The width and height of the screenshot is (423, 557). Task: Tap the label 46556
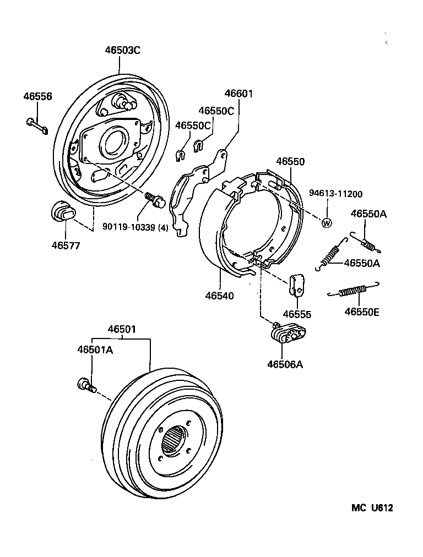point(37,96)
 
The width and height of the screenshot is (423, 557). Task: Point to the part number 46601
point(238,94)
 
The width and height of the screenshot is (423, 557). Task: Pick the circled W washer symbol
point(326,223)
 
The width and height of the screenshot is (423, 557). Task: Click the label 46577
point(64,245)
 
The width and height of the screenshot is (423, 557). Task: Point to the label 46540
point(220,296)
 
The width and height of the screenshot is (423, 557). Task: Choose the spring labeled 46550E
point(353,290)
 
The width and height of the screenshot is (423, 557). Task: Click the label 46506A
point(286,364)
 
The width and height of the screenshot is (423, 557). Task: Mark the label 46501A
point(95,350)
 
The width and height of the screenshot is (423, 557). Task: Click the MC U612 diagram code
point(372,509)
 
